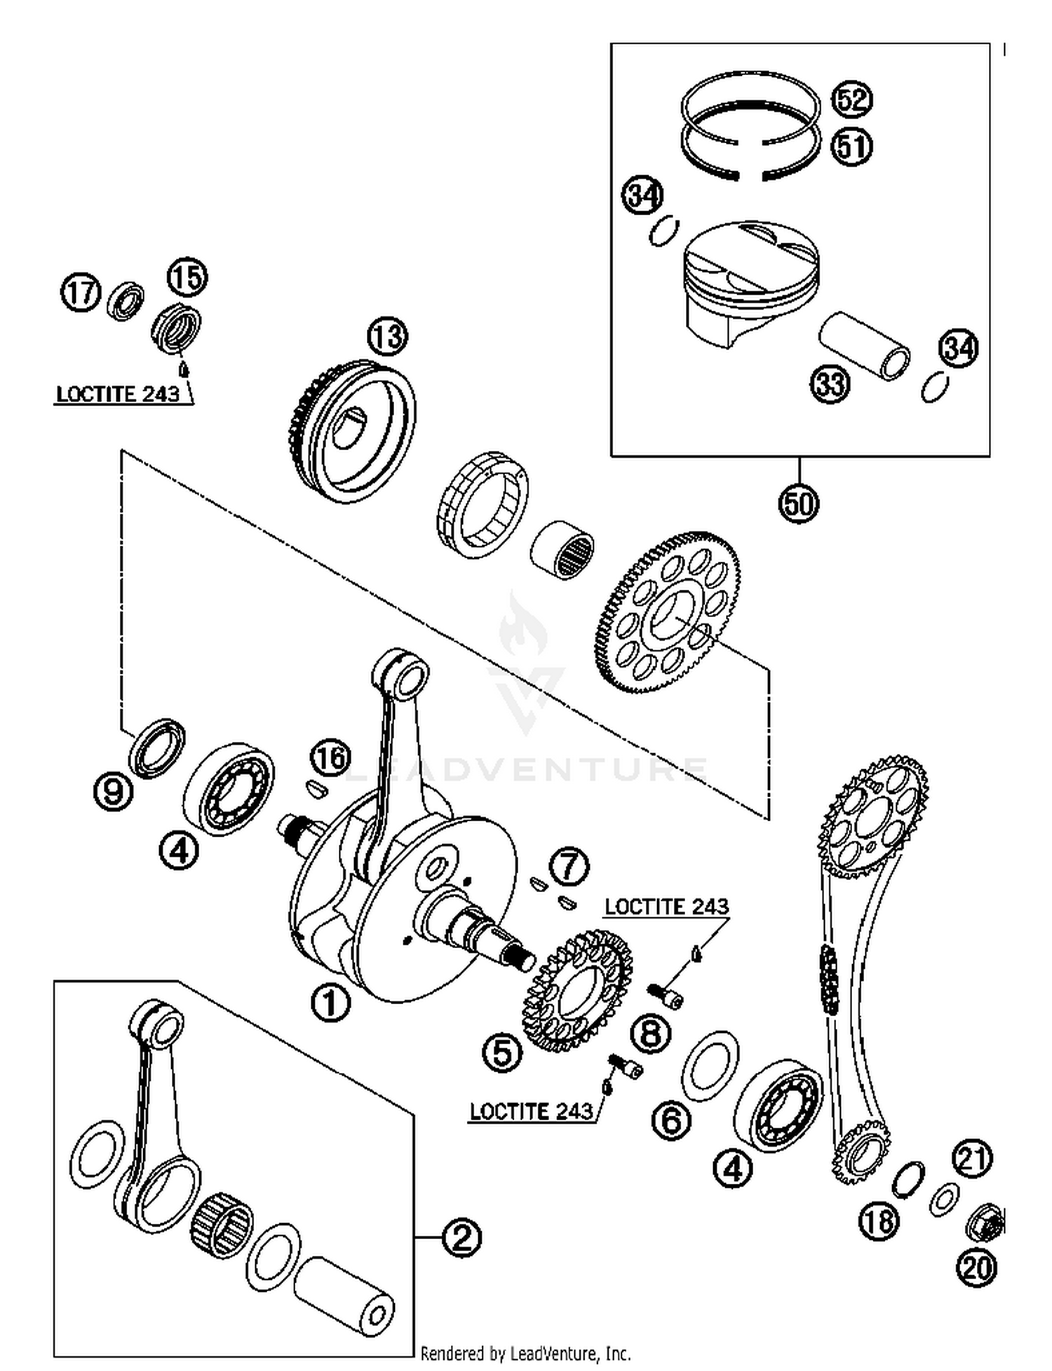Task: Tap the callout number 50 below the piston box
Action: pyautogui.click(x=798, y=504)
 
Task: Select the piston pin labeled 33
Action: pyautogui.click(x=865, y=345)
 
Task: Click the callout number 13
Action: pyautogui.click(x=387, y=337)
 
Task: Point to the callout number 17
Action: pyautogui.click(x=80, y=292)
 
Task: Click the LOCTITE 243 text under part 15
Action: pyautogui.click(x=118, y=394)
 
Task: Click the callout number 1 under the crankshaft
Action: pyautogui.click(x=330, y=1003)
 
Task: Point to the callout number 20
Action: pyautogui.click(x=976, y=1267)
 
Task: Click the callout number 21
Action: pyautogui.click(x=972, y=1159)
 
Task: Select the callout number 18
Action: pyautogui.click(x=879, y=1221)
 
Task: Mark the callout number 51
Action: pyautogui.click(x=851, y=147)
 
